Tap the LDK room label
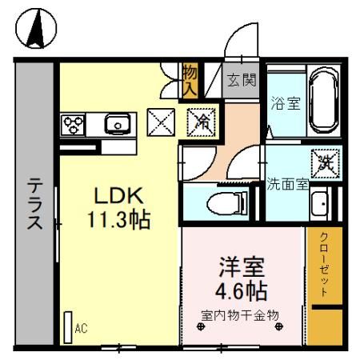[x=119, y=195]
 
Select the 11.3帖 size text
[x=119, y=219]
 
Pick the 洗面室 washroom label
[x=287, y=183]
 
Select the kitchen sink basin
[x=118, y=123]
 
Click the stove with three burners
[x=74, y=124]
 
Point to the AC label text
[x=81, y=328]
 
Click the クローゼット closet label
[x=324, y=265]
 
